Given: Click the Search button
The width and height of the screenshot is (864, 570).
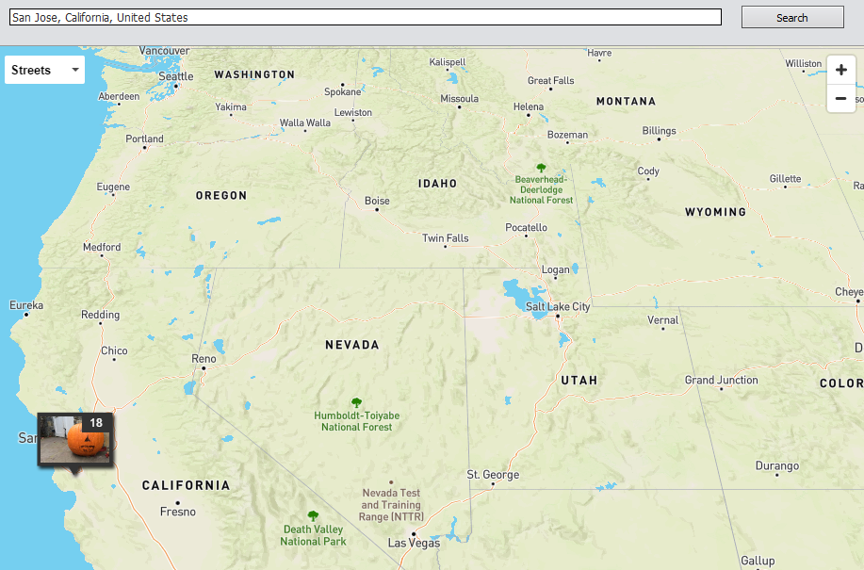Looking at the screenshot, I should (791, 17).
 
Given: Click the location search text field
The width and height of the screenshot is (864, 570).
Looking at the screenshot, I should (366, 17).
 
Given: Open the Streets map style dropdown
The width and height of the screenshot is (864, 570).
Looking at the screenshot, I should (44, 70).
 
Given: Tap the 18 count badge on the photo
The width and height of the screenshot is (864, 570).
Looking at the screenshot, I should (96, 423).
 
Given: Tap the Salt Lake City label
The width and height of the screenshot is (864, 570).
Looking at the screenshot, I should (558, 307).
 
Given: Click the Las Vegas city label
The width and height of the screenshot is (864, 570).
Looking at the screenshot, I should (414, 543).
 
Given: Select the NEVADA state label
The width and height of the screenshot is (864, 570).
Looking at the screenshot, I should (352, 345).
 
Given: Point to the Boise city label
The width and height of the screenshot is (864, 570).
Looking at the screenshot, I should (377, 201).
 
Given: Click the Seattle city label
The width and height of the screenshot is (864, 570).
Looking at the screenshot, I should (176, 76).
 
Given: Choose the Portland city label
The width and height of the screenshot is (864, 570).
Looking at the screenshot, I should (145, 138).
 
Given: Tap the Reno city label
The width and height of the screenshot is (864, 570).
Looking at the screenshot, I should (204, 359).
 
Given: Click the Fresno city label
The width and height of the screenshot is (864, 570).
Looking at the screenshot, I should (178, 512).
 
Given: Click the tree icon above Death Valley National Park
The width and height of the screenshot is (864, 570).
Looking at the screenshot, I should (313, 515).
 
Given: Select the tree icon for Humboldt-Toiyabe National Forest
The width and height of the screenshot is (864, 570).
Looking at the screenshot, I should (356, 401).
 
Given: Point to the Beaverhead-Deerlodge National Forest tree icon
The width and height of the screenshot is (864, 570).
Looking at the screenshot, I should (541, 166).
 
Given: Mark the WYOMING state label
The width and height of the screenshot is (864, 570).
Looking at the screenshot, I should (715, 212).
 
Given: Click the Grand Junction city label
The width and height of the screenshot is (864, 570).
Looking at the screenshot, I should (721, 380).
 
